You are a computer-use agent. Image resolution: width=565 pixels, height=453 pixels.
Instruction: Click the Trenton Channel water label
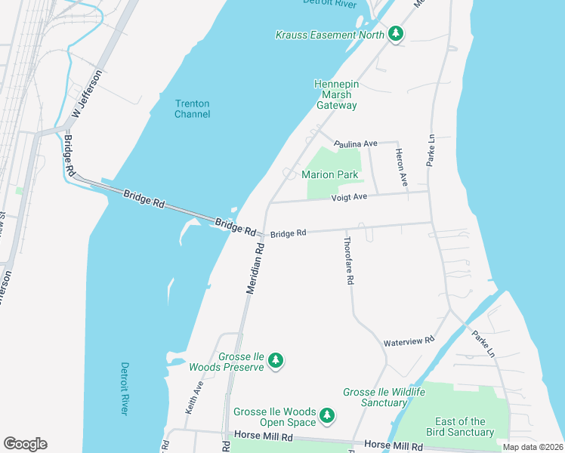point(192,109)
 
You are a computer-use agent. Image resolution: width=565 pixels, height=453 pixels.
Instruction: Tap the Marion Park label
point(329,174)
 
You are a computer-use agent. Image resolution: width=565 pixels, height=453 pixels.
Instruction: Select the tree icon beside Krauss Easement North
point(395,33)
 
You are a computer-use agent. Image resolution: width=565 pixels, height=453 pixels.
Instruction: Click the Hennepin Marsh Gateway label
point(336,95)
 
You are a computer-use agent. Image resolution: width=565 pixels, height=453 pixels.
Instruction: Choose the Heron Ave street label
point(402,167)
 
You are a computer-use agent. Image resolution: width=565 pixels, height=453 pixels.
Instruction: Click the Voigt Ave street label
point(349,197)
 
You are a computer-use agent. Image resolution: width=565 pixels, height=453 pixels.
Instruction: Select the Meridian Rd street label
point(255,267)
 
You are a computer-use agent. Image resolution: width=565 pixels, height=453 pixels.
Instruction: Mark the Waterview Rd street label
point(409,341)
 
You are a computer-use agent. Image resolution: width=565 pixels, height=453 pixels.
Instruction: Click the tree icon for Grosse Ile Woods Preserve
point(276,361)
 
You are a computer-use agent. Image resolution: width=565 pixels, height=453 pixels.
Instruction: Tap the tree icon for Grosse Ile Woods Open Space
point(327,415)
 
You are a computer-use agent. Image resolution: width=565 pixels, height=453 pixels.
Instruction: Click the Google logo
point(25,444)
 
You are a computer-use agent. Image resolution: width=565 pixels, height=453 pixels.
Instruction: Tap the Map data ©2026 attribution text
point(532,447)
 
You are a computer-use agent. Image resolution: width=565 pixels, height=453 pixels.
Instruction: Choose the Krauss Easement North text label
point(329,35)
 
